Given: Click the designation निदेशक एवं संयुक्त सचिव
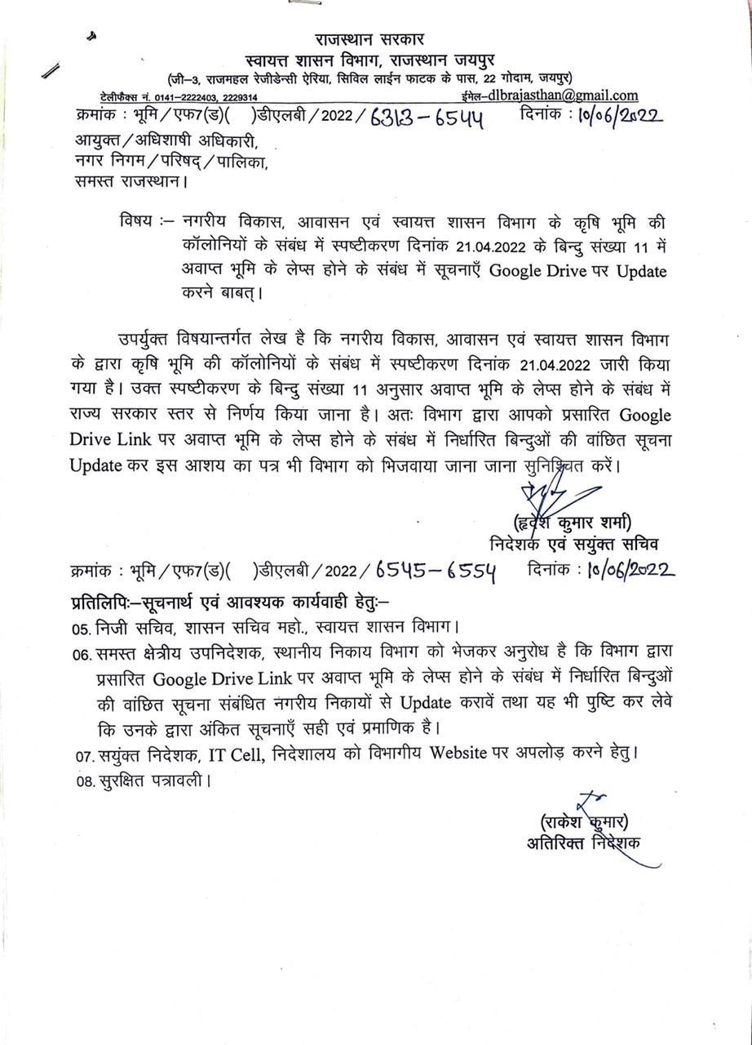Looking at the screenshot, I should point(574,543).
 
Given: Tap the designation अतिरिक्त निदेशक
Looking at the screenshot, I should point(583,842).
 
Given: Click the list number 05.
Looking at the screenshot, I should point(79,629).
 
